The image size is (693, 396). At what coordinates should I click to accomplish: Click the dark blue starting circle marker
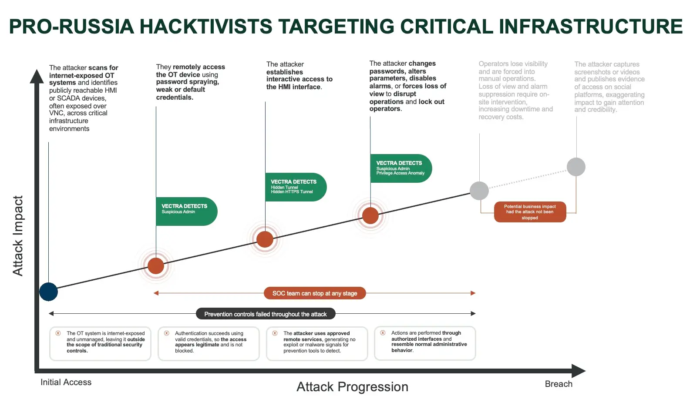tap(48, 292)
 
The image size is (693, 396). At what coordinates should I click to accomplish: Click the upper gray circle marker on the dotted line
tap(575, 167)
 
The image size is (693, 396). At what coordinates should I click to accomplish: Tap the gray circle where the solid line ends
tap(479, 191)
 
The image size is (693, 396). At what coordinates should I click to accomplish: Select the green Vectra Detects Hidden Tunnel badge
tap(295, 187)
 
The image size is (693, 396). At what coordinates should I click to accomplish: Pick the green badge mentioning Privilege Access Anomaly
tap(400, 168)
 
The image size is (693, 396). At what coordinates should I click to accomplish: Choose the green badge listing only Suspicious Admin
tap(186, 211)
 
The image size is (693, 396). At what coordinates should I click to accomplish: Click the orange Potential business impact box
tap(530, 212)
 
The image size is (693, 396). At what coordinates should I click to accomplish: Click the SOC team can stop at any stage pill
tap(314, 293)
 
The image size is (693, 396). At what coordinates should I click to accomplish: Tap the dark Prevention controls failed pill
tap(265, 314)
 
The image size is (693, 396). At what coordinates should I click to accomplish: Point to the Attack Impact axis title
tap(17, 235)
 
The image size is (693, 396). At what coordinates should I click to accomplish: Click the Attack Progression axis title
tap(352, 386)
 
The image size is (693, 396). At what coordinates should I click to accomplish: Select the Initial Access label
tap(66, 382)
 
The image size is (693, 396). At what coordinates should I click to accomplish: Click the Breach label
tap(558, 384)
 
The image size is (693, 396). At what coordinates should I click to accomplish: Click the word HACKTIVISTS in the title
tap(206, 27)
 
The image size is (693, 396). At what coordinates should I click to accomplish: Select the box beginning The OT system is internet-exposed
tap(100, 343)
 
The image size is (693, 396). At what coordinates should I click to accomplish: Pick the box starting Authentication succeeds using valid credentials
tap(209, 343)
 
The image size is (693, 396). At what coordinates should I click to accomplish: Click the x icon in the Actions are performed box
tap(383, 333)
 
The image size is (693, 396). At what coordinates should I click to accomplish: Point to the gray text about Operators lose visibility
tap(515, 90)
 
